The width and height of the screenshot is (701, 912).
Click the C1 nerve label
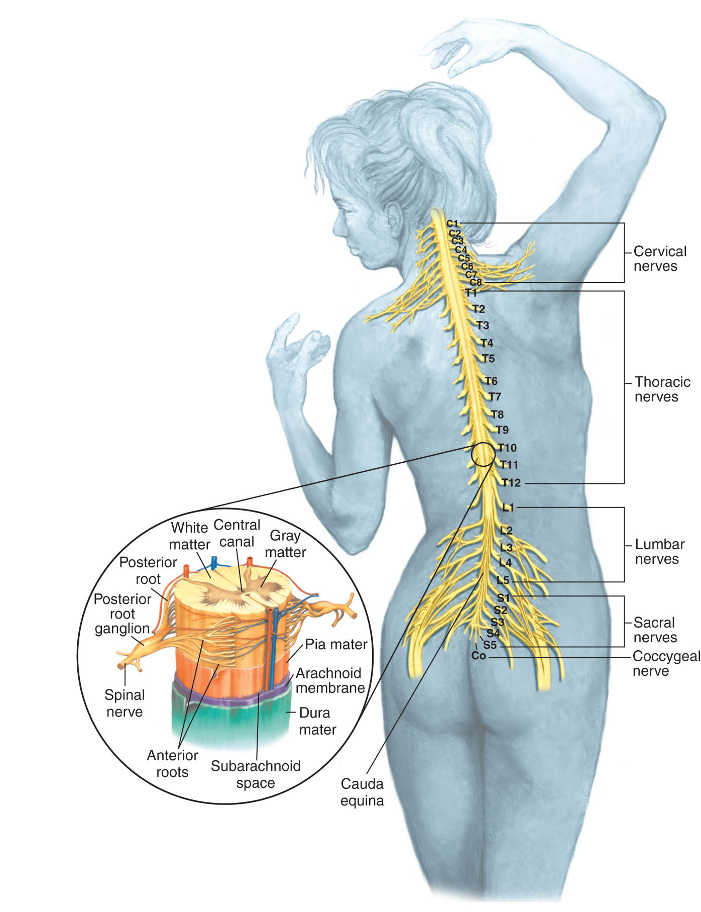pyautogui.click(x=452, y=224)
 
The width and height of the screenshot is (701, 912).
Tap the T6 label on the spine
pyautogui.click(x=491, y=381)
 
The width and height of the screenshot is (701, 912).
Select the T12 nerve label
pyautogui.click(x=511, y=483)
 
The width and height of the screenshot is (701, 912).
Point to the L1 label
pyautogui.click(x=509, y=508)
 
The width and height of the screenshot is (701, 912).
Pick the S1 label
pyautogui.click(x=503, y=598)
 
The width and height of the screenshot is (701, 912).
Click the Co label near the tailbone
pyautogui.click(x=479, y=656)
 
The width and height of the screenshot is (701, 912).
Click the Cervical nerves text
pyautogui.click(x=660, y=259)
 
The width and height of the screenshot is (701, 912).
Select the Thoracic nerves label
pyautogui.click(x=662, y=389)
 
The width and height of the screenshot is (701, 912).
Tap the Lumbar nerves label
pyautogui.click(x=660, y=552)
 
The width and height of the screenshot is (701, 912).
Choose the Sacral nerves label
pyautogui.click(x=655, y=630)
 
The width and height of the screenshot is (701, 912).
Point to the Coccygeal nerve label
pyautogui.click(x=666, y=664)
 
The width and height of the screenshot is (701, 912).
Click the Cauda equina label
pyautogui.click(x=362, y=792)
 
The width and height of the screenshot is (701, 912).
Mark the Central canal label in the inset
pyautogui.click(x=237, y=533)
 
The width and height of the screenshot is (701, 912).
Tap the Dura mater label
pyautogui.click(x=317, y=721)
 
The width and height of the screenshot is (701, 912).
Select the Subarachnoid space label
pyautogui.click(x=256, y=774)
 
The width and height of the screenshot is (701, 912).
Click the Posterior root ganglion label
pyautogui.click(x=123, y=614)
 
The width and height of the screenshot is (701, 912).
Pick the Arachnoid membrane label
pyautogui.click(x=330, y=680)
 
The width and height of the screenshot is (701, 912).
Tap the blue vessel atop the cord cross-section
pyautogui.click(x=215, y=563)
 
